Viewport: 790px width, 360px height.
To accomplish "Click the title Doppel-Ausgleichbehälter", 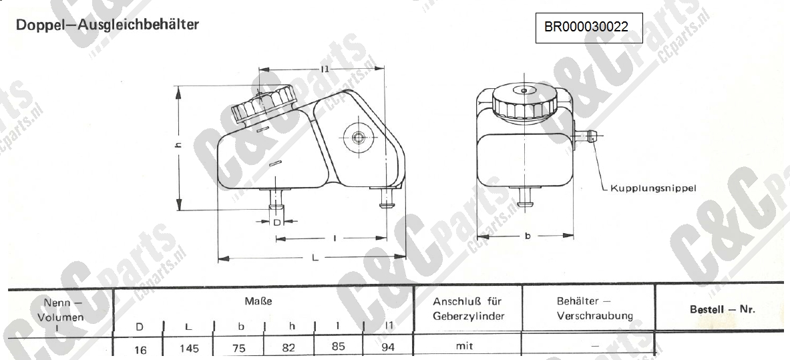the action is pyautogui.click(x=108, y=25).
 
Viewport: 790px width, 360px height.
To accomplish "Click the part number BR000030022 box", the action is pyautogui.click(x=589, y=28).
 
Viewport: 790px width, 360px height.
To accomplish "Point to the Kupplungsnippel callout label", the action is pyautogui.click(x=653, y=188).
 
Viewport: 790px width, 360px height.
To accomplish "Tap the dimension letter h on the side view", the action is pyautogui.click(x=178, y=145).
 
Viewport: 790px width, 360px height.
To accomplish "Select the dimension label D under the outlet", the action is pyautogui.click(x=276, y=222).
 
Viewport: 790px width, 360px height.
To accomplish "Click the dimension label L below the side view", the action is pyautogui.click(x=315, y=258).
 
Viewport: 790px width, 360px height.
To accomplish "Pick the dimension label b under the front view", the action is pyautogui.click(x=528, y=236).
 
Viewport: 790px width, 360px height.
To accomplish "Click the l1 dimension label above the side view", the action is pyautogui.click(x=325, y=69).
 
